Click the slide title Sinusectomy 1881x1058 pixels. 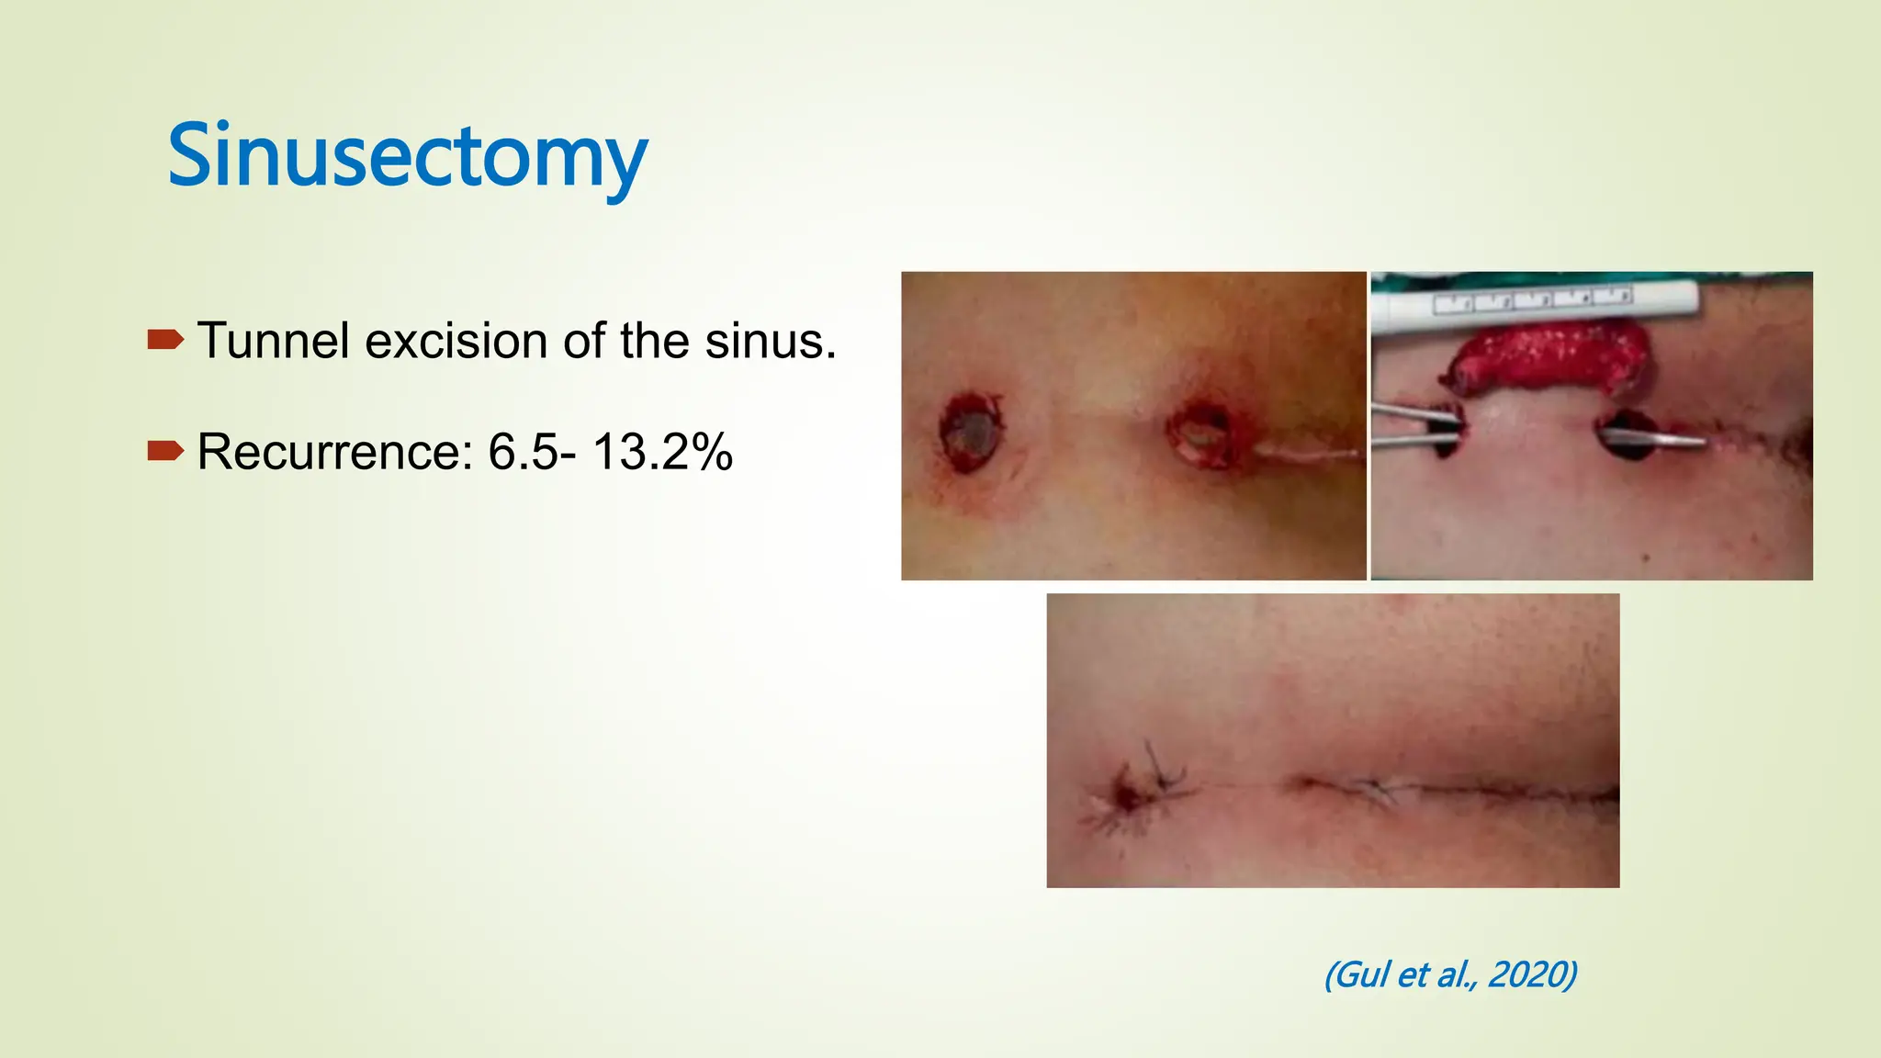[407, 156]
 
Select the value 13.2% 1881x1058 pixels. [662, 452]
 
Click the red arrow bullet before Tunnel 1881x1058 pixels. [165, 341]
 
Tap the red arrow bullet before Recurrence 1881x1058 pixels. [165, 451]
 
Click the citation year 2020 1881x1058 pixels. [1530, 974]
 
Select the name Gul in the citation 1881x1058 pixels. [1361, 974]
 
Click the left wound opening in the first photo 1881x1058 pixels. [971, 431]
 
